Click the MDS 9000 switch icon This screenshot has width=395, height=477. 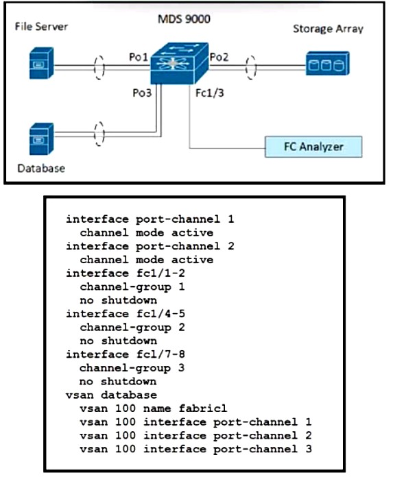coord(180,63)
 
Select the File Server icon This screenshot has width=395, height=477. coord(41,63)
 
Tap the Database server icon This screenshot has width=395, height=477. coord(41,138)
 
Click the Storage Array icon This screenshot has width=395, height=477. coord(327,63)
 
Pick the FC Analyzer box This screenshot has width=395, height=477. coord(313,147)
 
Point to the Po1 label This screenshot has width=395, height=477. coord(139,57)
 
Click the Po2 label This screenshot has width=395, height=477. coord(219,57)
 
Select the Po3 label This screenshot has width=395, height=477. coord(142,93)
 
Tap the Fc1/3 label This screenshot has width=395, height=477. coord(210,93)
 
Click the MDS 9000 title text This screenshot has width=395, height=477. coord(184,19)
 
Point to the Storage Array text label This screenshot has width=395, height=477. coord(328,29)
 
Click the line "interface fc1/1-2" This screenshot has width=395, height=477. coord(125,273)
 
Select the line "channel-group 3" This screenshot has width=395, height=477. coord(132,368)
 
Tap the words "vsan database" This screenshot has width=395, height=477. coord(111,395)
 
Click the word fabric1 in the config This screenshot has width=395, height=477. coord(203,408)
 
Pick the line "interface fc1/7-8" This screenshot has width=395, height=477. coord(125,354)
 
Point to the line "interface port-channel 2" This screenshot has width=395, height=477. coord(150,246)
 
